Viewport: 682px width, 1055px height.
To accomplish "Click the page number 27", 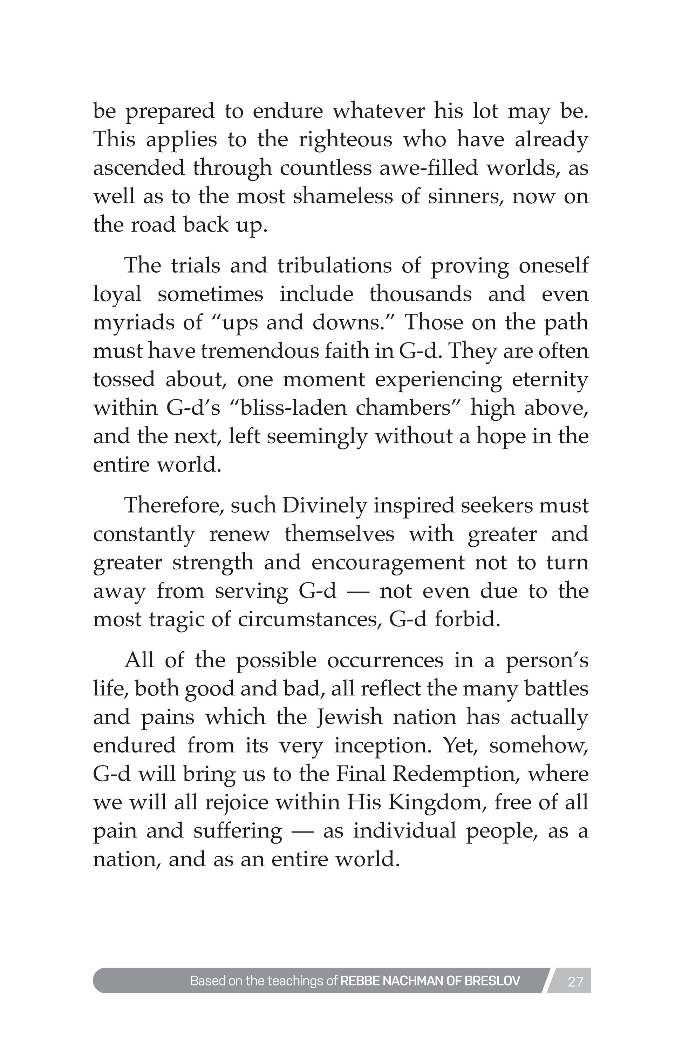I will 575,982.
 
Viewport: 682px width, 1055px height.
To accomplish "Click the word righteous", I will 346,140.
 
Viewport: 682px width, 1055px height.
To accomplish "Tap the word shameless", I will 342,196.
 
